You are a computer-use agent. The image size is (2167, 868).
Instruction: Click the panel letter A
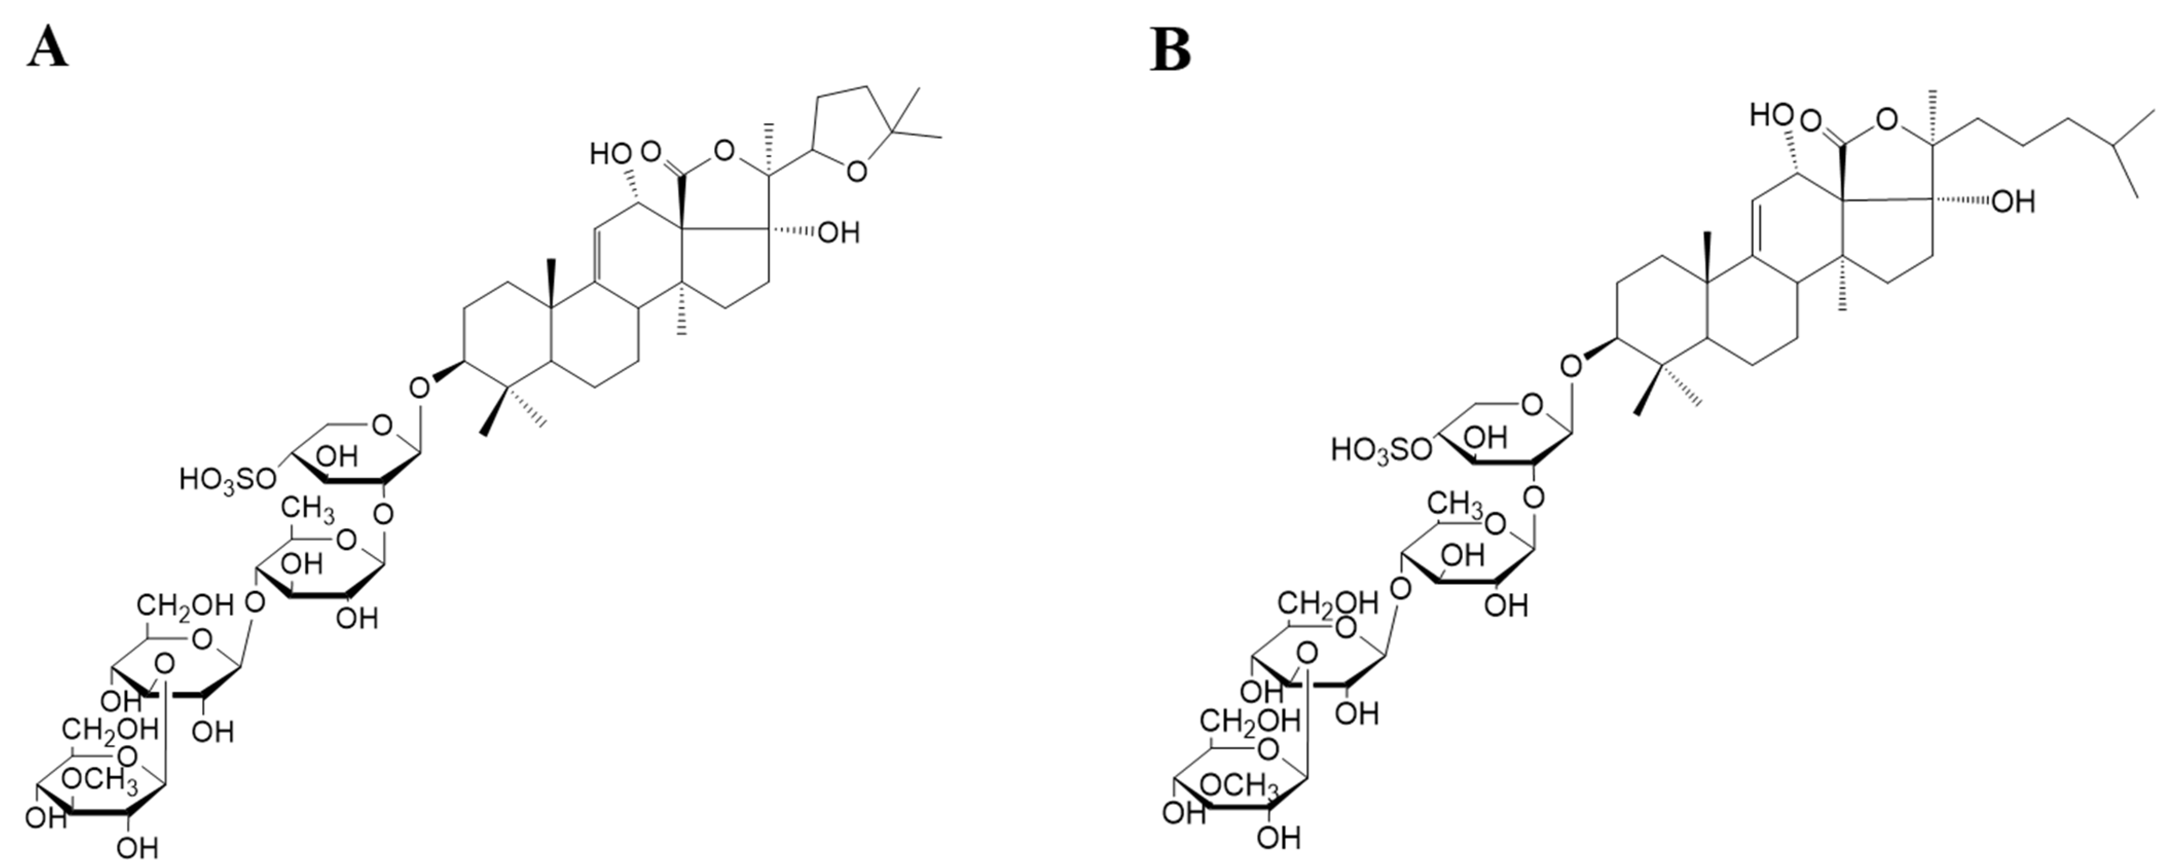[47, 47]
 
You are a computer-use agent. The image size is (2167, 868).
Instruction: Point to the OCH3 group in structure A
[100, 780]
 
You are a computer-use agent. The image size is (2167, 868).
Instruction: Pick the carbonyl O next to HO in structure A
[650, 152]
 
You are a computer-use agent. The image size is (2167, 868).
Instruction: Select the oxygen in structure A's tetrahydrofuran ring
[856, 173]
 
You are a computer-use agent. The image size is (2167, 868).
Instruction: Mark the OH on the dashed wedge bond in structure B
[2012, 201]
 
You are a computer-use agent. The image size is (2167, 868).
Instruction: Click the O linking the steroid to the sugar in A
[420, 389]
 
